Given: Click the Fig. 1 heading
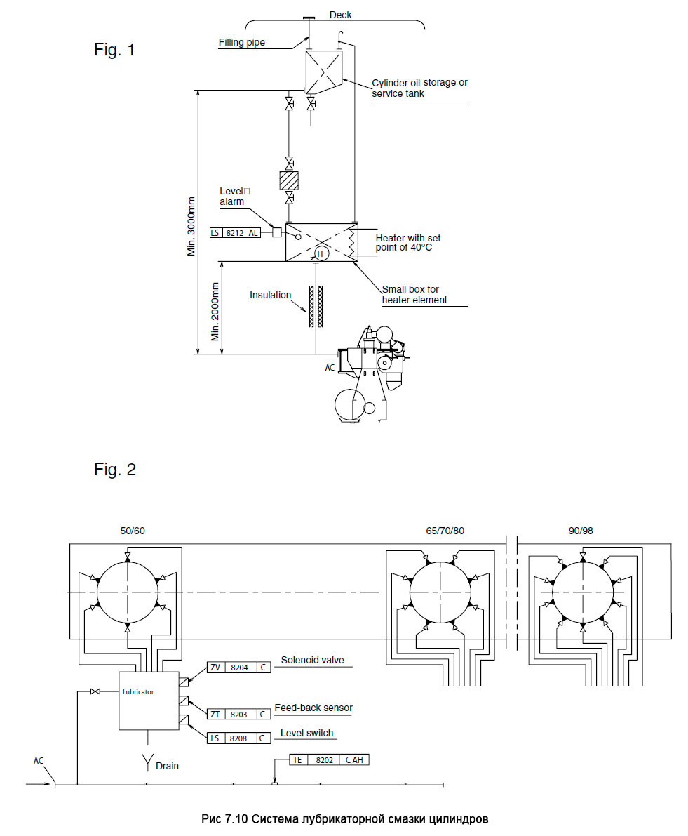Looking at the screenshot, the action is pos(114,50).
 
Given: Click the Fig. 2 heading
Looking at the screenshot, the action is pos(115,469).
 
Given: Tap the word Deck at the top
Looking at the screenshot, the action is pos(340,15).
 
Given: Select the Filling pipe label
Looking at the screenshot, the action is pos(242,42).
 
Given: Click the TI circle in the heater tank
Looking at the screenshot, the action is pos(320,254).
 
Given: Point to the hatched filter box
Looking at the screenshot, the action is pos(289,180).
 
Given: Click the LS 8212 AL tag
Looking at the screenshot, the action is pos(235,233).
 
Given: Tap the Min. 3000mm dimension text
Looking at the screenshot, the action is pos(191,227).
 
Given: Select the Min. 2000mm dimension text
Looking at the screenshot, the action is pos(215,312).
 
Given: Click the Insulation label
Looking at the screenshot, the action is pos(271,295).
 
